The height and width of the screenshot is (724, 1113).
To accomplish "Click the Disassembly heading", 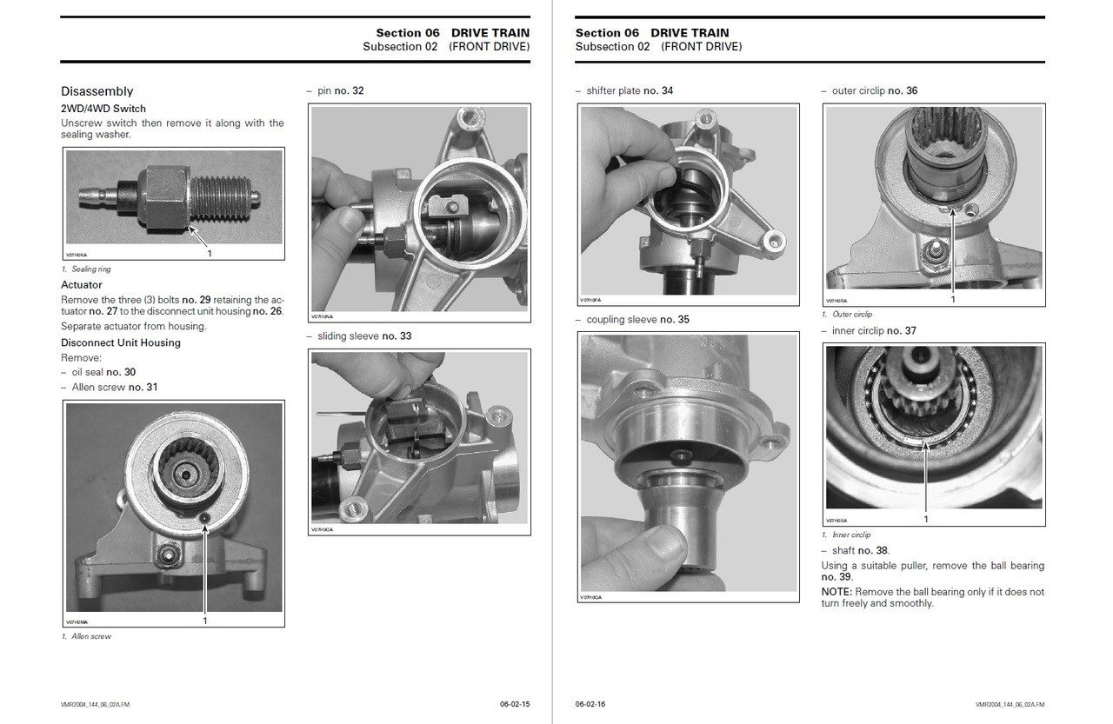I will pyautogui.click(x=97, y=91).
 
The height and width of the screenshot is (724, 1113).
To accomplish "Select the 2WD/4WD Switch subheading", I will pyautogui.click(x=103, y=109).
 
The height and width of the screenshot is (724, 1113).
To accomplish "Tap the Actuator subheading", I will pyautogui.click(x=82, y=285).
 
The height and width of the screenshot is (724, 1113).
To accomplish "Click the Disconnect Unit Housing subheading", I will pyautogui.click(x=121, y=342).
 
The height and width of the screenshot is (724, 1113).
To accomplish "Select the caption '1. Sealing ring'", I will pyautogui.click(x=86, y=269).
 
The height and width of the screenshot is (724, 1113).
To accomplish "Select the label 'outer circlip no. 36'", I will pyautogui.click(x=874, y=91).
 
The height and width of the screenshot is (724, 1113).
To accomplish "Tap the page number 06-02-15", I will pyautogui.click(x=515, y=703).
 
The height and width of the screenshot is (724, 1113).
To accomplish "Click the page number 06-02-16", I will pyautogui.click(x=590, y=703).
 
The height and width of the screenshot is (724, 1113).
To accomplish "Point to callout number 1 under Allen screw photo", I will pyautogui.click(x=205, y=621).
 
